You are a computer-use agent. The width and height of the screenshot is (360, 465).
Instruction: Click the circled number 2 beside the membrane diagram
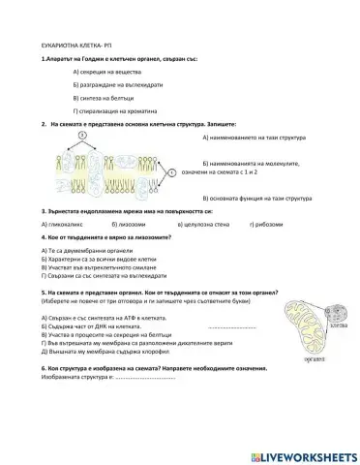tap(172, 172)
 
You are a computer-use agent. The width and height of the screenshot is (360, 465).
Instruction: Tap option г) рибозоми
tap(265, 224)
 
